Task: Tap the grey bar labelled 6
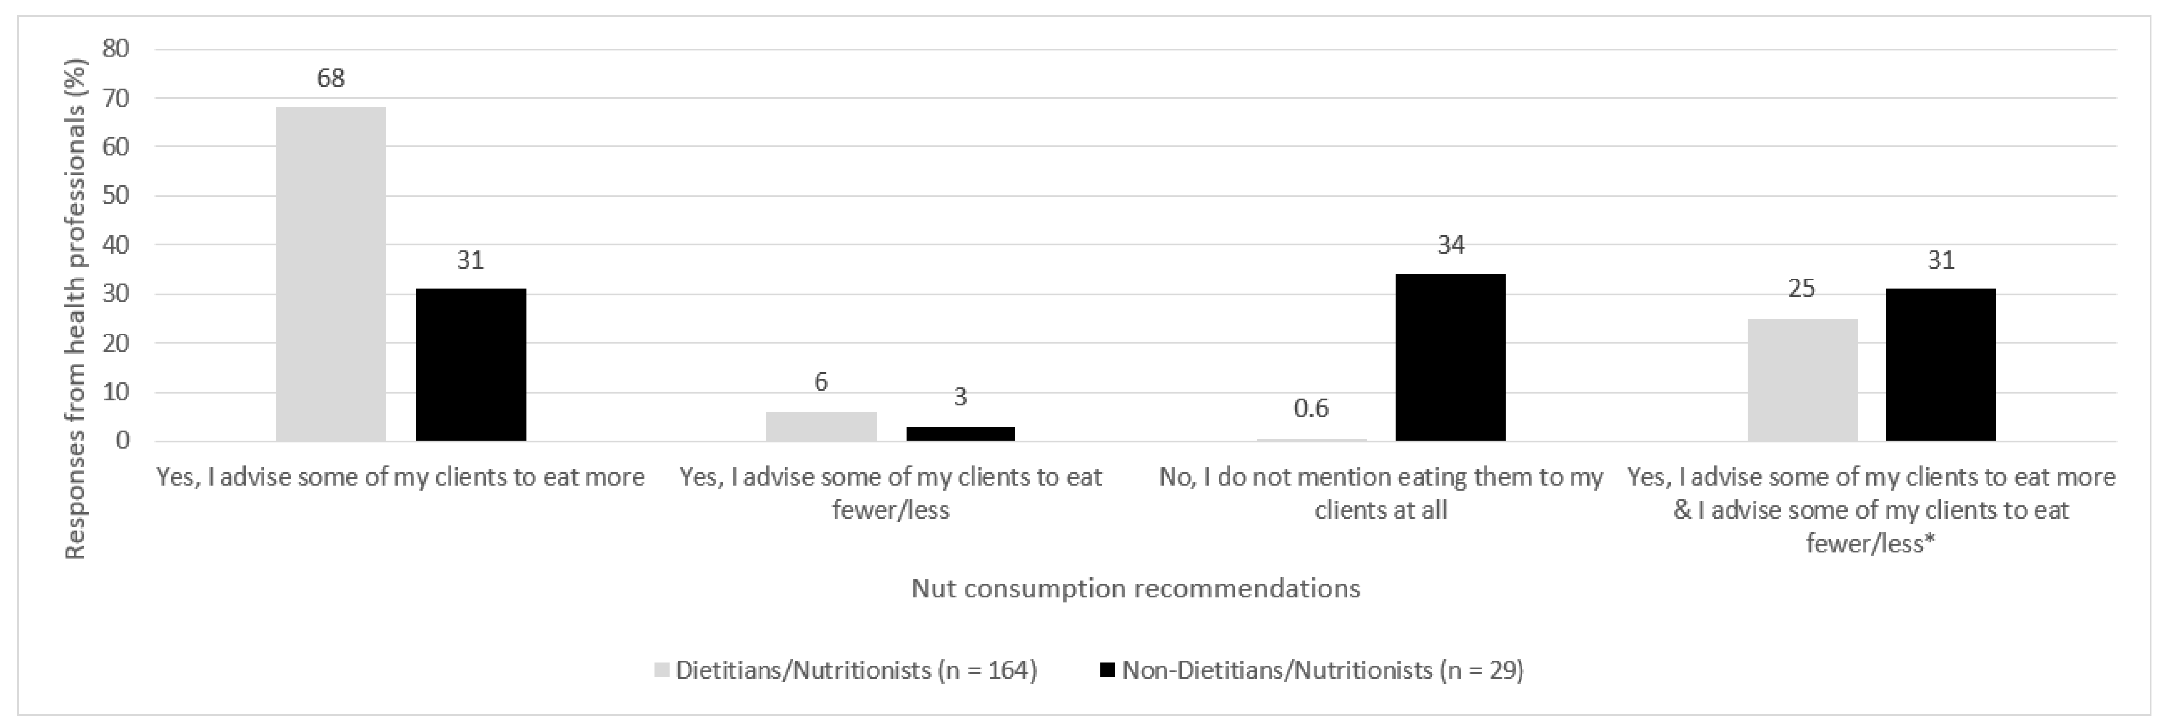[x=821, y=426]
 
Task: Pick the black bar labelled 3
[x=961, y=434]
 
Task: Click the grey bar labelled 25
[x=1802, y=379]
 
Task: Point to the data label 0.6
[x=1311, y=408]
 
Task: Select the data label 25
[x=1802, y=289]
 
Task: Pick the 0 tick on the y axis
[x=123, y=440]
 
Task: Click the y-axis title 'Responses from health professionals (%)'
[x=76, y=308]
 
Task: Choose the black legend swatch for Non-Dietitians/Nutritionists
[x=1108, y=670]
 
